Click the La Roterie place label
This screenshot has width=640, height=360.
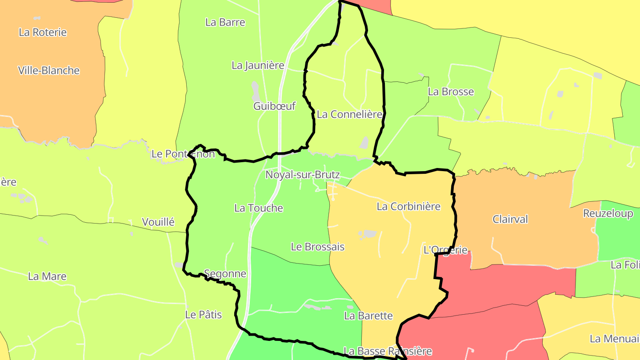click(x=43, y=32)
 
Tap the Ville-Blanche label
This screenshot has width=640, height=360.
click(x=49, y=70)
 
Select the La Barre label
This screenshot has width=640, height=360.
click(x=225, y=22)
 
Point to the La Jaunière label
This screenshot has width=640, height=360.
click(x=258, y=65)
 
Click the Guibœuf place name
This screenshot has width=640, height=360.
click(x=274, y=106)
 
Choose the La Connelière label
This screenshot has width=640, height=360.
click(x=349, y=114)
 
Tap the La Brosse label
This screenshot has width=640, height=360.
click(x=451, y=92)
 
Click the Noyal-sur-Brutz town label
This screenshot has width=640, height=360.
click(x=302, y=175)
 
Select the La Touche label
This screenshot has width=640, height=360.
click(x=258, y=208)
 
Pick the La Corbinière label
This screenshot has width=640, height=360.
click(x=408, y=206)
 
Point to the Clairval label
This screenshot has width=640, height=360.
click(x=510, y=219)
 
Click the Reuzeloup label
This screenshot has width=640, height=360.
click(x=608, y=214)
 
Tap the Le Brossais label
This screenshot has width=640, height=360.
click(x=317, y=247)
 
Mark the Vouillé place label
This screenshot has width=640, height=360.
click(x=158, y=222)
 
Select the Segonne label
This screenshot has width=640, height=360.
click(x=225, y=274)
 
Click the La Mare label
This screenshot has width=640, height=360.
click(x=47, y=276)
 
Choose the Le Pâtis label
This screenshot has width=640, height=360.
click(x=203, y=315)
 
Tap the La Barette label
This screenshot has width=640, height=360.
click(x=368, y=316)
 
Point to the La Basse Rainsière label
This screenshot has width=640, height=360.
click(x=388, y=351)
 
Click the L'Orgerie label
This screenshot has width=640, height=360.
click(x=446, y=250)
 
